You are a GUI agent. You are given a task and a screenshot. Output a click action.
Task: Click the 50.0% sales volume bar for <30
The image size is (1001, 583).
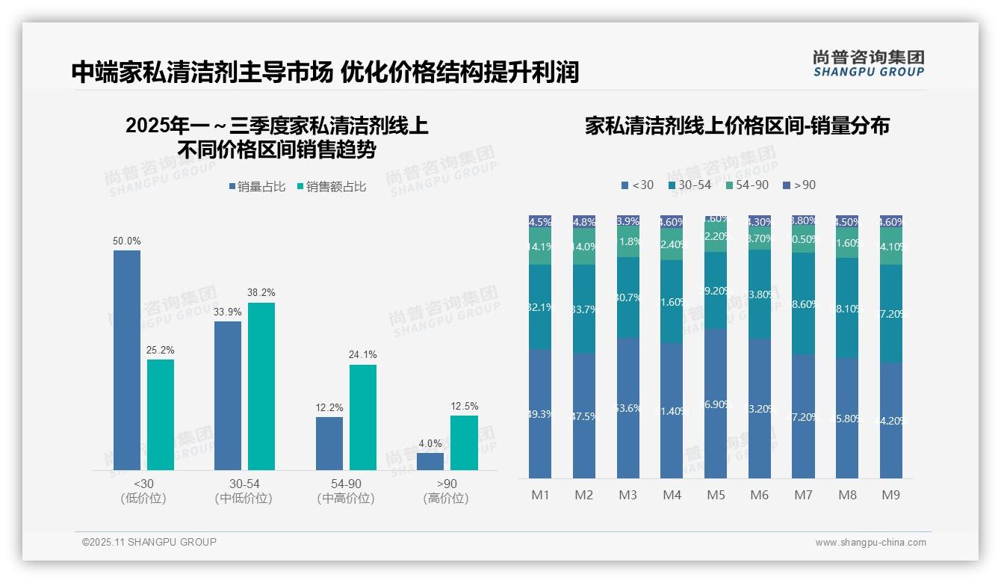[x=127, y=360]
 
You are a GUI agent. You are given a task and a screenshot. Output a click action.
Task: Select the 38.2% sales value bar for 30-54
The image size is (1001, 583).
[x=261, y=386]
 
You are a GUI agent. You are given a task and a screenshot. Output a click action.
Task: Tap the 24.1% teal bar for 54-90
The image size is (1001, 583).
[x=363, y=417]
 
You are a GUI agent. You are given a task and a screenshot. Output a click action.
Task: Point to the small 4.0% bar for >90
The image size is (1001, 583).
[x=430, y=461]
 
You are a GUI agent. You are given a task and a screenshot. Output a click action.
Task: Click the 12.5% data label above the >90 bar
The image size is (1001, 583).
[x=465, y=406]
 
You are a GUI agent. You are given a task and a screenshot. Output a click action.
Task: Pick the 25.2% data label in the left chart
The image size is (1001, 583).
[x=161, y=350]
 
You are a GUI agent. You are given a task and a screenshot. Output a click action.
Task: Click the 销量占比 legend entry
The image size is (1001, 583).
[x=256, y=187]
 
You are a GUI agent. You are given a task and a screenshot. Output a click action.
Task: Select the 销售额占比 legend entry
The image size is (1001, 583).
[x=331, y=187]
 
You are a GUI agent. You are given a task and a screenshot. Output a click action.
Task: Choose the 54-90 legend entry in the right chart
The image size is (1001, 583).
[x=746, y=185]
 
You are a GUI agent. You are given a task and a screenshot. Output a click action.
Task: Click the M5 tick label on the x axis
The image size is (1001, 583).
[x=716, y=495]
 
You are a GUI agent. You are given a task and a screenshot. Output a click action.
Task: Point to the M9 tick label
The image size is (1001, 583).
[x=891, y=495]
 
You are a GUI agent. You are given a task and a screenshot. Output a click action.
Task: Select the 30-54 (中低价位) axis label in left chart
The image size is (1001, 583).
[x=244, y=491]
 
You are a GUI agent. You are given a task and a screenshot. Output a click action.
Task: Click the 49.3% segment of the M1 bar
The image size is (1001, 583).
[x=539, y=413]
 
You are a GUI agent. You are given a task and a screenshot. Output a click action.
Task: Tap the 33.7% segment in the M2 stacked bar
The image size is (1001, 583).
[x=584, y=309]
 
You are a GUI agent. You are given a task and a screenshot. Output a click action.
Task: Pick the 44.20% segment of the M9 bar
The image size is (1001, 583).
[x=891, y=420]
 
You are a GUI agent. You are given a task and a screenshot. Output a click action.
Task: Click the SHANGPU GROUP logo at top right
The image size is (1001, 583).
[x=868, y=64]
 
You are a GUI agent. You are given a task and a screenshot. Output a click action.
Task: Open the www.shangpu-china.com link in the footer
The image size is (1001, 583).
[x=870, y=543]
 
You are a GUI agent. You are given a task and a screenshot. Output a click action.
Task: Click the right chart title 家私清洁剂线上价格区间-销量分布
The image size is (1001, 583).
[x=737, y=126]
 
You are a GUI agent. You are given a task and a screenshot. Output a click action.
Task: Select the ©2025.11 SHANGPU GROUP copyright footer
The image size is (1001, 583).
[x=149, y=542]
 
